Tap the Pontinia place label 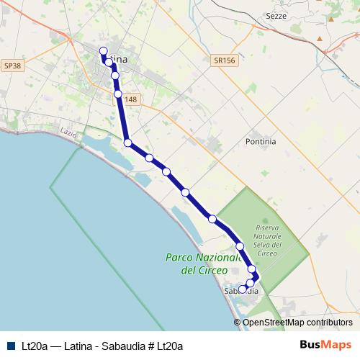point(261,142)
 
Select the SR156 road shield point(225,62)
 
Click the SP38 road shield point(12,66)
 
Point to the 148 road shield point(130,99)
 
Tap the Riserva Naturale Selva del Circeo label point(267,240)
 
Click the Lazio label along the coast point(69,132)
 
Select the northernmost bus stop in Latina point(103,51)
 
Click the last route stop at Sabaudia point(243,289)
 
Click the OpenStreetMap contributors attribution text point(297,323)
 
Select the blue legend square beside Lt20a point(11,346)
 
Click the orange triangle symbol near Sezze point(330,19)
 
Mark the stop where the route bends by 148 point(118,94)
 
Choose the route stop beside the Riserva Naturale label point(240,246)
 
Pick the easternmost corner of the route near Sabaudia point(257,277)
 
